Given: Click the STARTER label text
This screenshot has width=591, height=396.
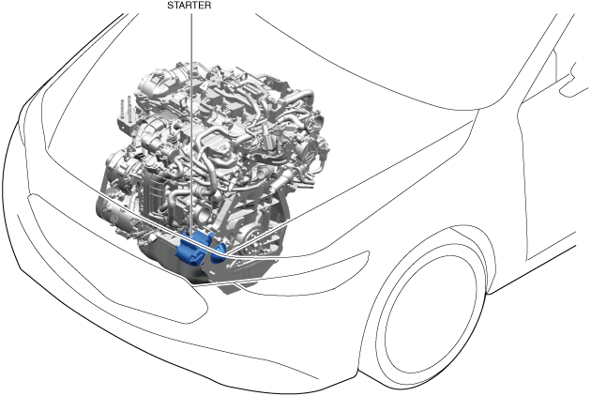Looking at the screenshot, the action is point(189,6).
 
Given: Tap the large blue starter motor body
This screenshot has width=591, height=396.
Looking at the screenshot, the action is point(192,249).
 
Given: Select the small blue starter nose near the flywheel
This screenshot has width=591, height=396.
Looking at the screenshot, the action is point(219,253).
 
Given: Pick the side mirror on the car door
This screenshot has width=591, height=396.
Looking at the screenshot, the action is point(574,80).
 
